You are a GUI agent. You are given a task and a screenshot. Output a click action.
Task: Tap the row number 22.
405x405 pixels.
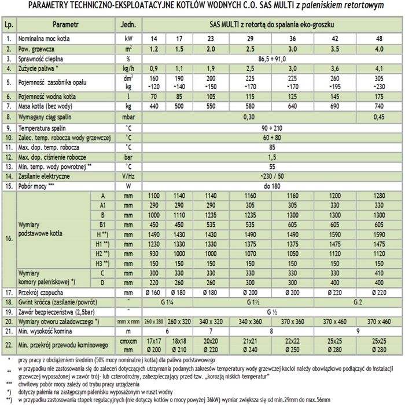(8, 345)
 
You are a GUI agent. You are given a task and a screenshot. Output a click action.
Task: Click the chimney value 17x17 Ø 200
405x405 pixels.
(154, 345)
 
